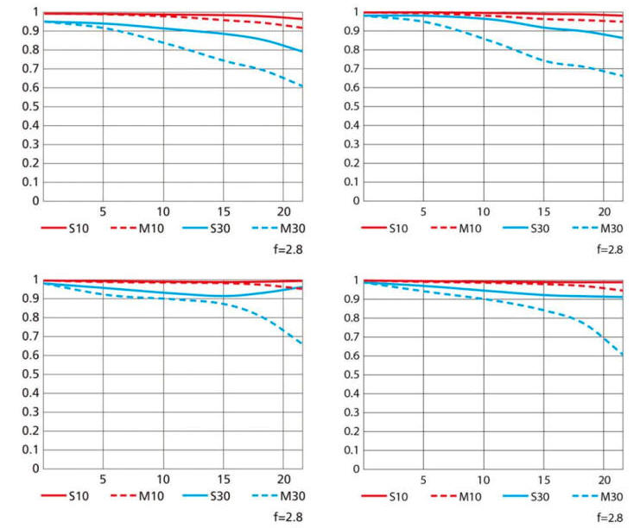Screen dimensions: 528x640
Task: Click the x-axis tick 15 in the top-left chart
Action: pos(223,211)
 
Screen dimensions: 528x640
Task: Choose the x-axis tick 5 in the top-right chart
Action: pos(423,211)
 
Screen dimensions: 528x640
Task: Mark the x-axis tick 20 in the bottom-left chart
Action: pos(283,480)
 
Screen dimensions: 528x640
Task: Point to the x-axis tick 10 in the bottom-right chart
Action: pos(484,480)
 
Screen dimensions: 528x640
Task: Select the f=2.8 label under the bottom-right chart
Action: pos(609,518)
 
